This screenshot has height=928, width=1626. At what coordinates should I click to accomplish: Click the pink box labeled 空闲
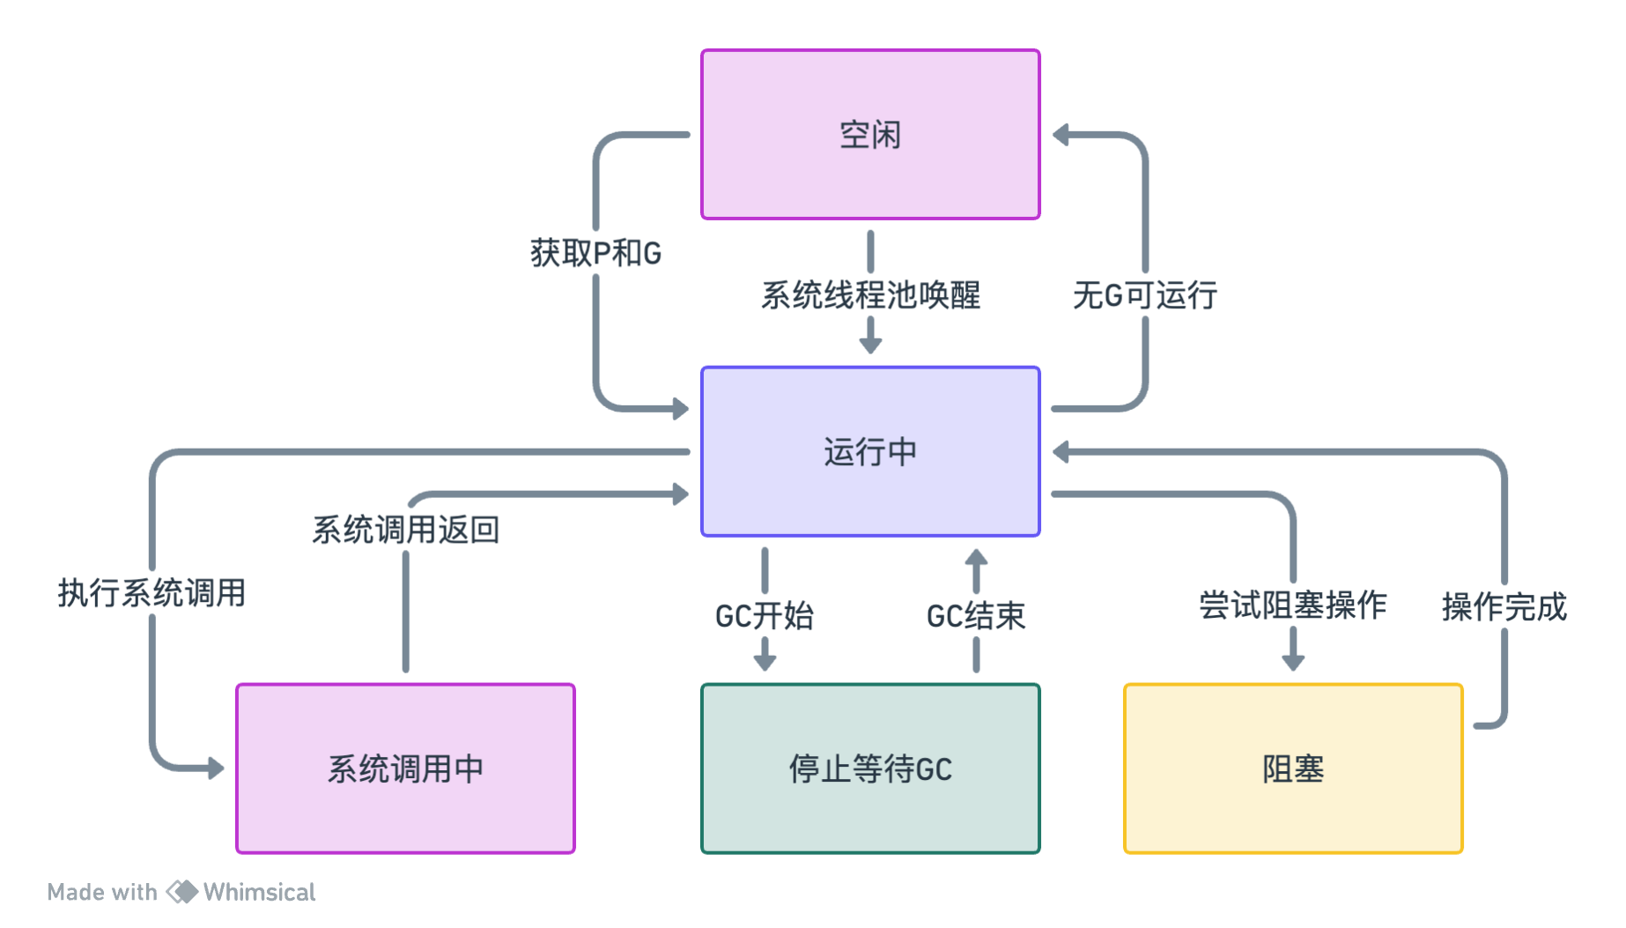tap(870, 134)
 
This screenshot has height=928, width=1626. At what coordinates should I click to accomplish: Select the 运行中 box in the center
tap(870, 451)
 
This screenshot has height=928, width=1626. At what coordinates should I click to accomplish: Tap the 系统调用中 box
tap(405, 768)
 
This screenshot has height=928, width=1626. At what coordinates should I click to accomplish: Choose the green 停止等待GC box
tap(870, 768)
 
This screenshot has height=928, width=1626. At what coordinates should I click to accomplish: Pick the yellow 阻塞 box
tap(1293, 768)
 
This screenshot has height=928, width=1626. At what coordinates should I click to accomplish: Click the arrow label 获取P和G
tap(595, 254)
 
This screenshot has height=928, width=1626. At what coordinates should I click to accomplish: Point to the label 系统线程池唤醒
tap(870, 296)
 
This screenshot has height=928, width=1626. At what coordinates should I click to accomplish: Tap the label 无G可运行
tap(1145, 296)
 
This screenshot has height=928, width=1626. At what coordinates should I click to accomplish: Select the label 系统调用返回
tap(405, 530)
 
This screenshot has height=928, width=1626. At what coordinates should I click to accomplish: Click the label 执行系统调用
tap(152, 593)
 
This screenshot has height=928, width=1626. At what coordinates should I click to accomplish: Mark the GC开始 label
tap(765, 616)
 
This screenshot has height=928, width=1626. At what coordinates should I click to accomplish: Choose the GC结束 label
tap(976, 616)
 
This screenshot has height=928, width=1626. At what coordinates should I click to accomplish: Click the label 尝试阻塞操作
tap(1293, 605)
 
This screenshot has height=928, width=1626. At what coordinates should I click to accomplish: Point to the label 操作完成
tap(1504, 607)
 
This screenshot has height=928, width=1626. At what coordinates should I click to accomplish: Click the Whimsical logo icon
tap(182, 892)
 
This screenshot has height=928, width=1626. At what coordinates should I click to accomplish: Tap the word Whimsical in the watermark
tap(259, 892)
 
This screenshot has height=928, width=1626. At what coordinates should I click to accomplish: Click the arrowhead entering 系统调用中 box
tap(216, 768)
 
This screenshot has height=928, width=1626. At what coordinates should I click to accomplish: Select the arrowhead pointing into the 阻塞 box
tap(1293, 662)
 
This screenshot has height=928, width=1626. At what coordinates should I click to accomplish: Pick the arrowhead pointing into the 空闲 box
tap(1061, 135)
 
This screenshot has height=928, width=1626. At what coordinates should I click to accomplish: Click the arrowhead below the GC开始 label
tap(765, 662)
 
